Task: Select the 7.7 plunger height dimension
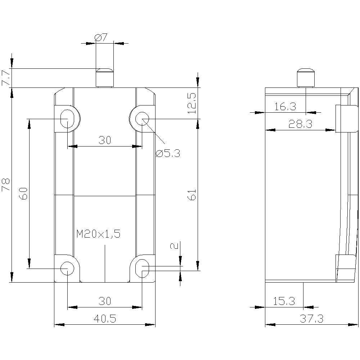pyautogui.click(x=6, y=78)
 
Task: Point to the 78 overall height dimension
pyautogui.click(x=6, y=185)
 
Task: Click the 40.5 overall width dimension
pyautogui.click(x=104, y=318)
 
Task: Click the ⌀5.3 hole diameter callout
pyautogui.click(x=167, y=154)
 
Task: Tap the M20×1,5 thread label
pyautogui.click(x=98, y=234)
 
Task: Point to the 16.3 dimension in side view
pyautogui.click(x=285, y=107)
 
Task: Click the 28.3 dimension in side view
pyautogui.click(x=300, y=124)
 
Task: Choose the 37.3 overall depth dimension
pyautogui.click(x=311, y=318)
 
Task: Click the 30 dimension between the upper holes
pyautogui.click(x=104, y=140)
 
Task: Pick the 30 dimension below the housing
pyautogui.click(x=104, y=301)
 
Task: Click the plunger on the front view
pyautogui.click(x=104, y=77)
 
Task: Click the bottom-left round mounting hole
pyautogui.click(x=67, y=268)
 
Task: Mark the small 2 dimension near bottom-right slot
pyautogui.click(x=174, y=246)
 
